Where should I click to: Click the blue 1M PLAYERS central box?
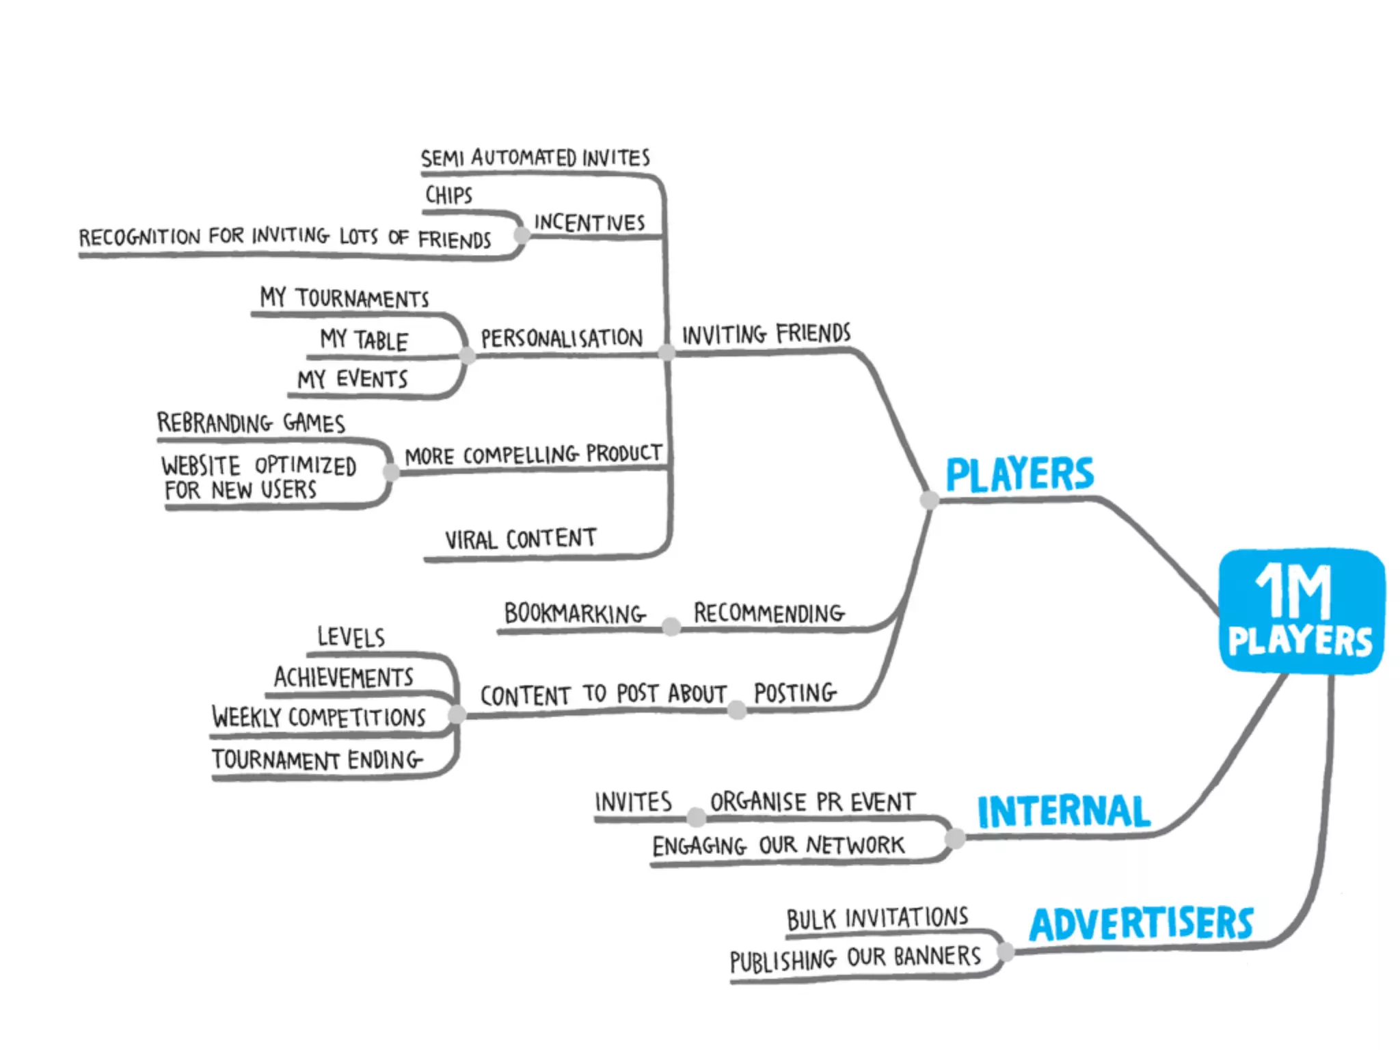pyautogui.click(x=1302, y=610)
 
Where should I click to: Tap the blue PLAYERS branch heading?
pyautogui.click(x=1019, y=474)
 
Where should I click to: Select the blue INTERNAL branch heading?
pyautogui.click(x=1064, y=811)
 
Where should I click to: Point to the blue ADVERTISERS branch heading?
pyautogui.click(x=1141, y=924)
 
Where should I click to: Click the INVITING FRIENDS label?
pyautogui.click(x=766, y=334)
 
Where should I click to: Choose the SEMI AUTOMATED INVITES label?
pyautogui.click(x=535, y=158)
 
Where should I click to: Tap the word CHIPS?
pyautogui.click(x=448, y=196)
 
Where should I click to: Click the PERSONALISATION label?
pyautogui.click(x=561, y=338)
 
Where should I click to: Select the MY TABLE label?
pyautogui.click(x=364, y=340)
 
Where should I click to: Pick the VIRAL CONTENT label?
pyautogui.click(x=520, y=539)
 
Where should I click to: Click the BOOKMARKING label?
pyautogui.click(x=574, y=613)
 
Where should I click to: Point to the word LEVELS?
pyautogui.click(x=351, y=637)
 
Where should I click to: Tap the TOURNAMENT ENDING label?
pyautogui.click(x=317, y=759)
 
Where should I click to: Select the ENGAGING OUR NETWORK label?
pyautogui.click(x=778, y=846)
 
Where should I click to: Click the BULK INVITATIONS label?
pyautogui.click(x=877, y=919)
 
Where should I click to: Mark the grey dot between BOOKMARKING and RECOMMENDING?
pyautogui.click(x=671, y=626)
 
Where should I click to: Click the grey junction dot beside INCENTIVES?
pyautogui.click(x=522, y=235)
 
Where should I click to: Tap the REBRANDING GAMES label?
pyautogui.click(x=251, y=423)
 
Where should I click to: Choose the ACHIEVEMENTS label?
pyautogui.click(x=344, y=677)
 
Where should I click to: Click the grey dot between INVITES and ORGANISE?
pyautogui.click(x=696, y=816)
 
